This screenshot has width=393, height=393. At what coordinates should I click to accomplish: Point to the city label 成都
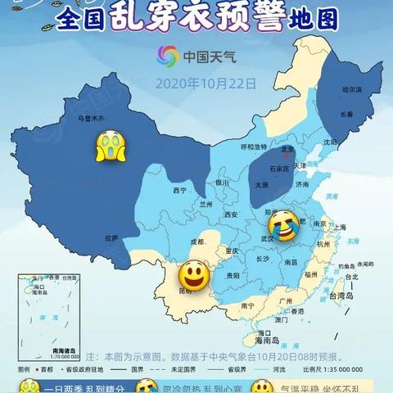point(198,242)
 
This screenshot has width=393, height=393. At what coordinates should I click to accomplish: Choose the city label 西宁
point(180,190)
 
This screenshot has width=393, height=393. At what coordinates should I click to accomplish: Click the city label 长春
point(346,116)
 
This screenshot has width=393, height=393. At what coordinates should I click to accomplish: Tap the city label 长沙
point(262,259)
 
